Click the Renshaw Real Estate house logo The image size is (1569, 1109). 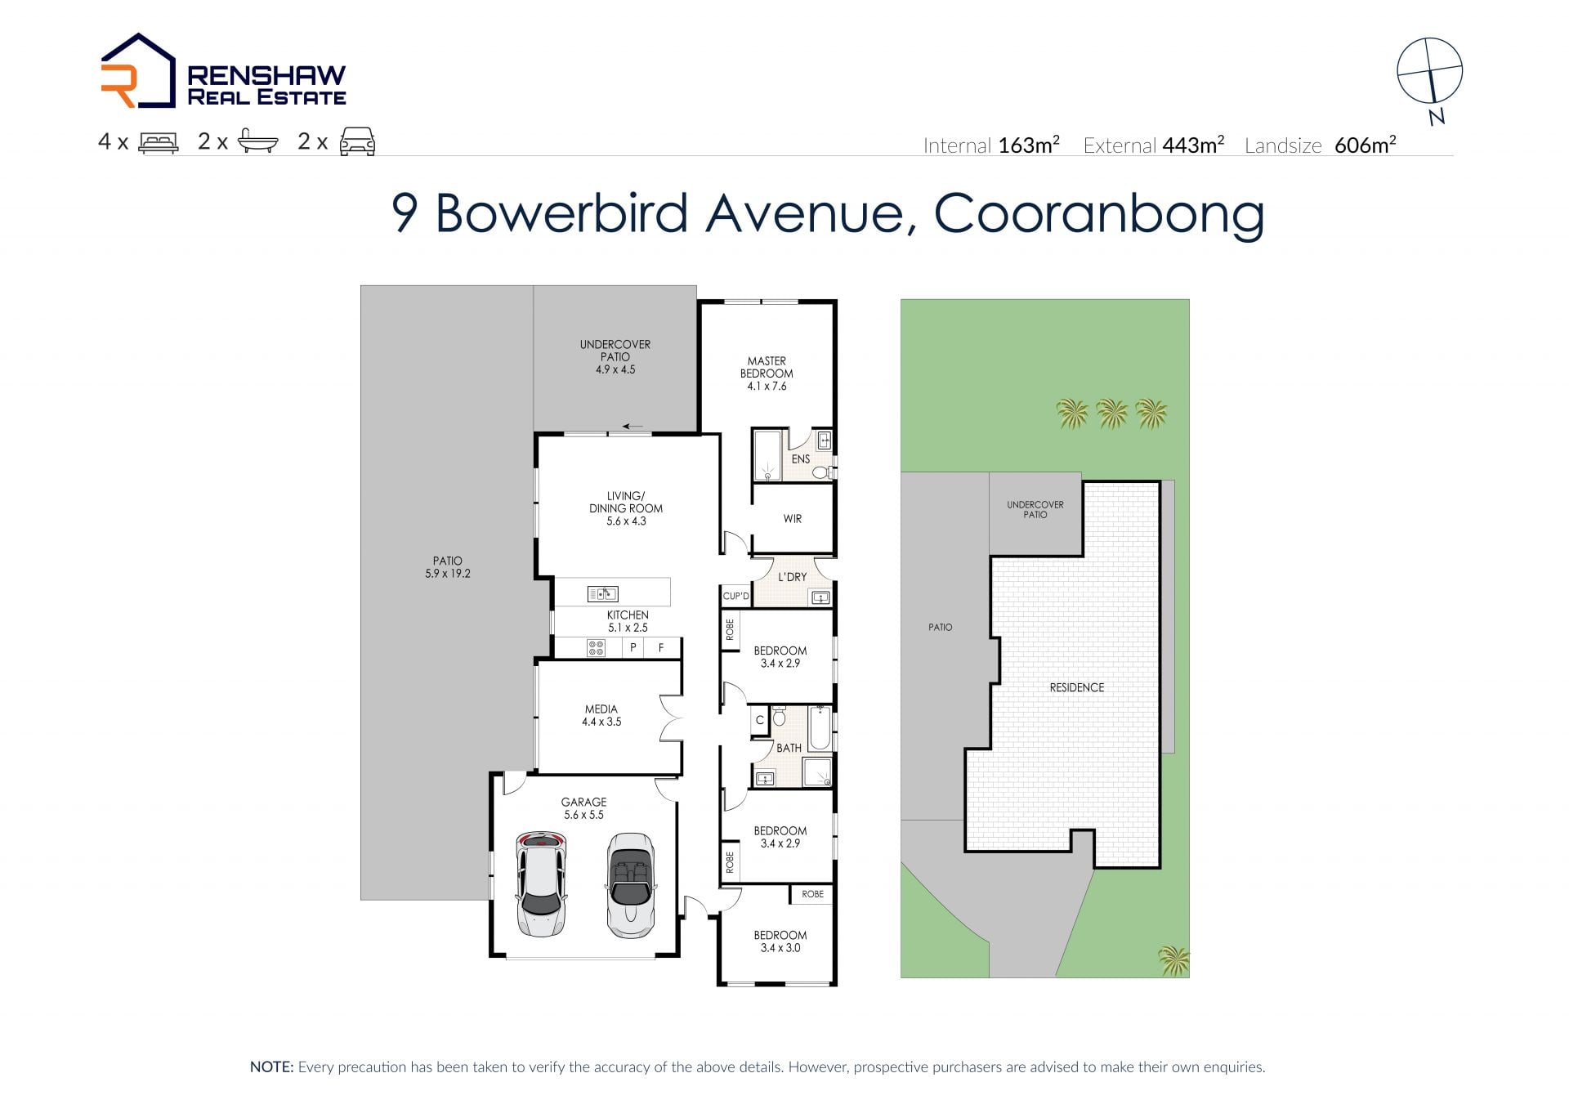click(137, 70)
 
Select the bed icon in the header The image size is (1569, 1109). click(159, 142)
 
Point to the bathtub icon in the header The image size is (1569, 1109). click(258, 141)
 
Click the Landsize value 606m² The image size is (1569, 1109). click(1365, 145)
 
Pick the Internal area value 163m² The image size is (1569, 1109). click(1029, 145)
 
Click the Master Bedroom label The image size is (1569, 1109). click(767, 367)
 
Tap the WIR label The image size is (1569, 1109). click(793, 519)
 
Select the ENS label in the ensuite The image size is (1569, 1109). click(801, 459)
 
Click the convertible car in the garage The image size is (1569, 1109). click(631, 885)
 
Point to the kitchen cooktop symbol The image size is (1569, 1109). click(596, 648)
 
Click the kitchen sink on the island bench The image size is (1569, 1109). click(603, 594)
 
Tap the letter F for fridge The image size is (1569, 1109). click(661, 648)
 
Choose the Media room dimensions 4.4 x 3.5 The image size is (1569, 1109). click(601, 722)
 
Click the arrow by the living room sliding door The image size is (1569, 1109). click(633, 426)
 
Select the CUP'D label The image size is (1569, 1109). click(735, 596)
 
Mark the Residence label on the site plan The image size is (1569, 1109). click(1076, 688)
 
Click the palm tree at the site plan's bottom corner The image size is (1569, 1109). click(1173, 959)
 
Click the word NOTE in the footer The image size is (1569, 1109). click(270, 1067)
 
